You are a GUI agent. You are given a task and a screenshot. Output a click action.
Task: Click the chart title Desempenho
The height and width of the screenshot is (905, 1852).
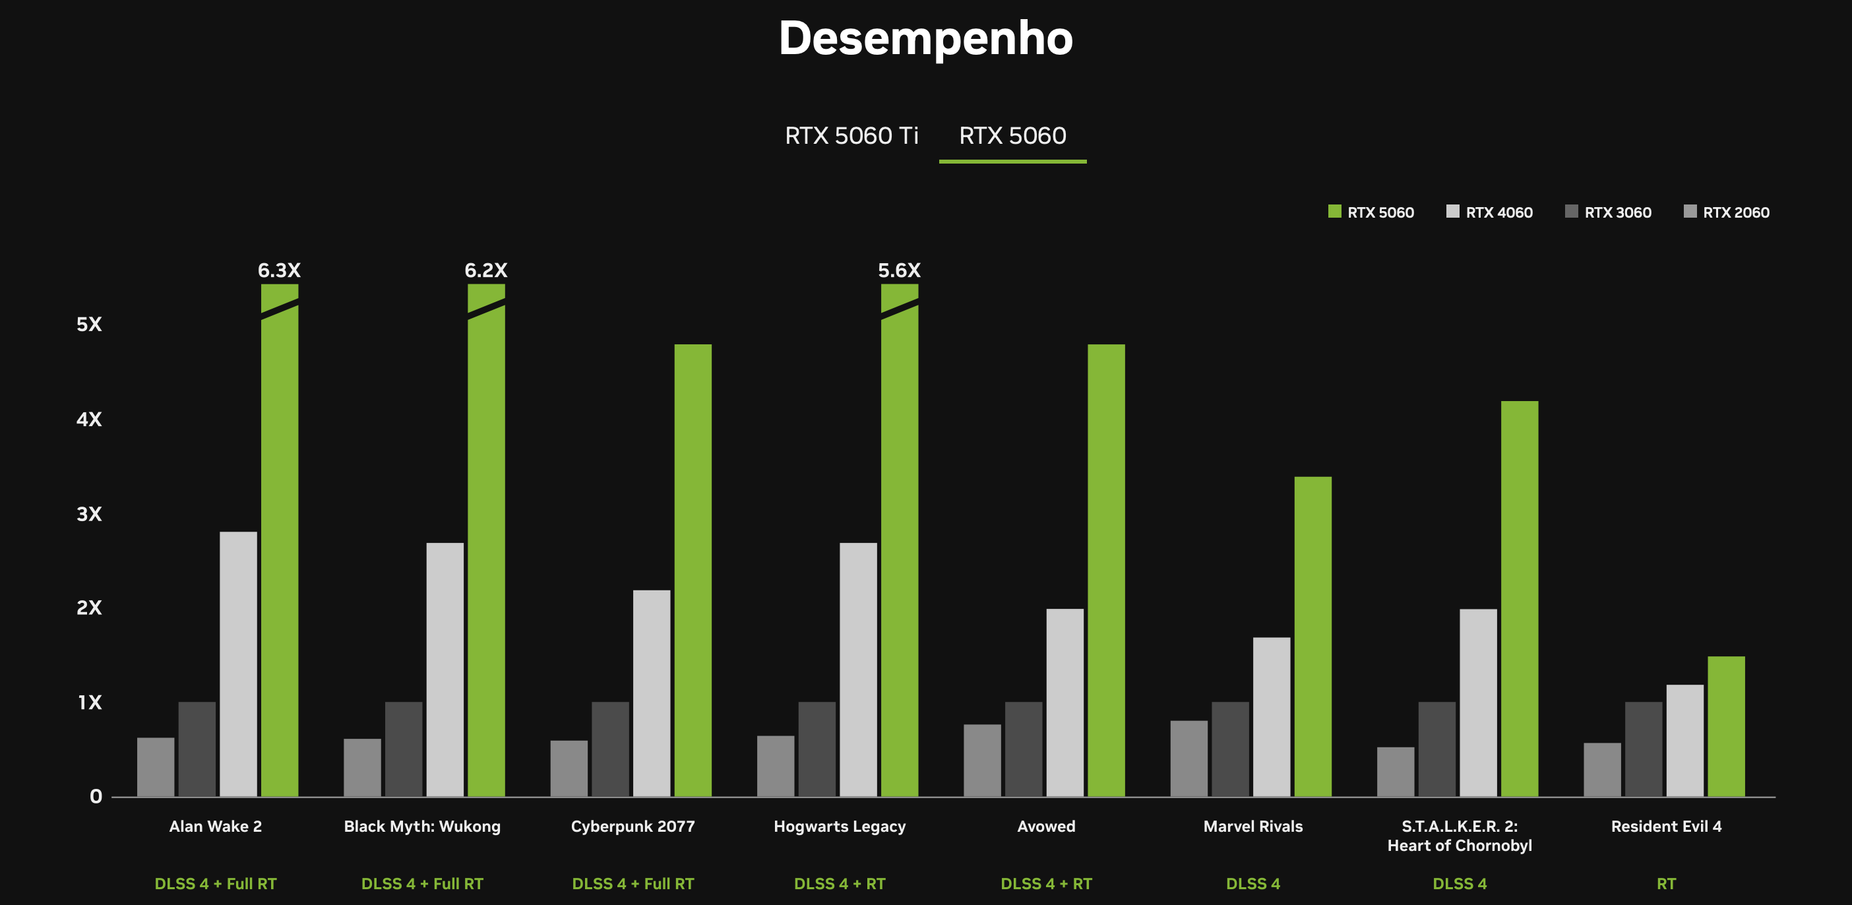925,39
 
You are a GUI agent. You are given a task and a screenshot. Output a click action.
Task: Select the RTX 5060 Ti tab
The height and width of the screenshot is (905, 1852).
851,136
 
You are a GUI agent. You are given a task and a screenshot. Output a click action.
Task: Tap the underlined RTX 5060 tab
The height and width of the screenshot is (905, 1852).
1012,136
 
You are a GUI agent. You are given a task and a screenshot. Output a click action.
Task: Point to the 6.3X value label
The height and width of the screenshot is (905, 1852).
279,270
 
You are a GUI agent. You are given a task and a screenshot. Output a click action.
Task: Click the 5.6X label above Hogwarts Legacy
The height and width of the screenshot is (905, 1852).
899,270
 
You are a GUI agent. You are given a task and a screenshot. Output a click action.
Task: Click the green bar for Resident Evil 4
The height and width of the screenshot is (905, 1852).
1725,726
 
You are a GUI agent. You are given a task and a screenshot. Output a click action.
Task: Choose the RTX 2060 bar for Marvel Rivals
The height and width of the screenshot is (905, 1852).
1188,759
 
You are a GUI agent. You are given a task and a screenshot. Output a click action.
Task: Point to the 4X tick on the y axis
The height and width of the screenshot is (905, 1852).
89,419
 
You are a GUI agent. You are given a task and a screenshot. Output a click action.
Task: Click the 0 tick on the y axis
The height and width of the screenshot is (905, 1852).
96,796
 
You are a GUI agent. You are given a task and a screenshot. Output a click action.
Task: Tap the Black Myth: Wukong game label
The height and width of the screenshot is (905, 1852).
422,826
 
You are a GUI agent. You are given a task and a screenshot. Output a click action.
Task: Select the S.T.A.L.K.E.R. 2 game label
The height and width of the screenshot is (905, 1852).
1459,835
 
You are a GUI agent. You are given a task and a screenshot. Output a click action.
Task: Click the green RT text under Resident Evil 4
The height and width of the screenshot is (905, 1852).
1666,883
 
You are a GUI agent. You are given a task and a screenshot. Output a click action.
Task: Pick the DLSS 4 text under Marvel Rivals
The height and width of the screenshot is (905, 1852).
1252,883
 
